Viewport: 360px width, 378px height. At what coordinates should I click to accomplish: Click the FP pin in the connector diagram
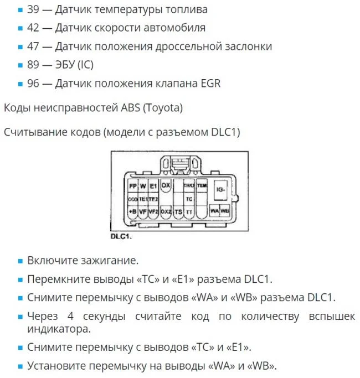point(133,187)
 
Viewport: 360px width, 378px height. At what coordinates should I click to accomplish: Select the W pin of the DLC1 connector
point(143,187)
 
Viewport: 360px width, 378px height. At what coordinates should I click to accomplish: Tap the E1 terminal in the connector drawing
point(154,187)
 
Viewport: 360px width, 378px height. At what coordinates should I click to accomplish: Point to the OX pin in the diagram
point(166,185)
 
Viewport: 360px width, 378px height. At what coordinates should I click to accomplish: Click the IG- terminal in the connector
point(221,189)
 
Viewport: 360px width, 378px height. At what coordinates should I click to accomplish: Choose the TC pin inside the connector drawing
point(189,199)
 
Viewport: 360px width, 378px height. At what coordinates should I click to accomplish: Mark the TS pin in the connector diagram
point(178,211)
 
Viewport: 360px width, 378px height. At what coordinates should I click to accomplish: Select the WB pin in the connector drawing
point(225,211)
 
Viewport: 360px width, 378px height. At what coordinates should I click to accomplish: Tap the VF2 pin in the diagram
point(154,211)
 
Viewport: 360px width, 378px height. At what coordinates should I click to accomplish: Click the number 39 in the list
point(33,9)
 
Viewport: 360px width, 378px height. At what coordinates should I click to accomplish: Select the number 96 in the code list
point(33,84)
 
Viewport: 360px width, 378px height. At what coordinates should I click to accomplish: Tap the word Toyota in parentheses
point(163,107)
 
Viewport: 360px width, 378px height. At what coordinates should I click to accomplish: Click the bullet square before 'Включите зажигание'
point(20,260)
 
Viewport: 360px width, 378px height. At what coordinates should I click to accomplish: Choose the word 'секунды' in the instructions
point(97,317)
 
